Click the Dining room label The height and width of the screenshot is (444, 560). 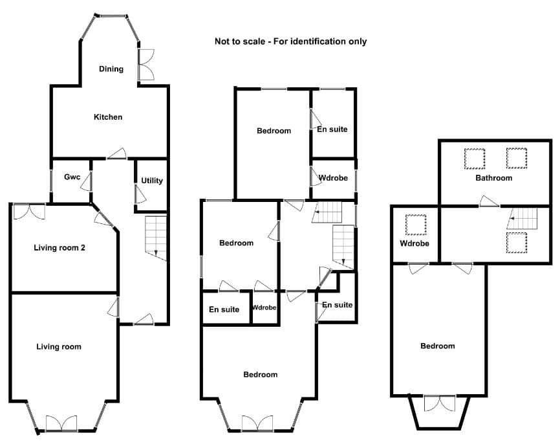pyautogui.click(x=111, y=69)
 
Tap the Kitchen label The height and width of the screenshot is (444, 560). pyautogui.click(x=108, y=117)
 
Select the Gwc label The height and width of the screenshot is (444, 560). pyautogui.click(x=72, y=177)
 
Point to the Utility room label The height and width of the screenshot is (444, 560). pyautogui.click(x=152, y=181)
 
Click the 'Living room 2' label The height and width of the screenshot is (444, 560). pyautogui.click(x=59, y=248)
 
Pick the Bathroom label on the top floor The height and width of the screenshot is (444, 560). pyautogui.click(x=493, y=178)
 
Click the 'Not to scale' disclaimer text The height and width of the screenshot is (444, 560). pyautogui.click(x=290, y=41)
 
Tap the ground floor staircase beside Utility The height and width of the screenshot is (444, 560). pyautogui.click(x=156, y=238)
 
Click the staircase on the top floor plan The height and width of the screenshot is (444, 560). pyautogui.click(x=522, y=218)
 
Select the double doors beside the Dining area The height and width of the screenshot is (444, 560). pyautogui.click(x=146, y=64)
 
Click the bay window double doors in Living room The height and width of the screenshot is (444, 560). pyautogui.click(x=61, y=423)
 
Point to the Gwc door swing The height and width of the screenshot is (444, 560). pyautogui.click(x=87, y=182)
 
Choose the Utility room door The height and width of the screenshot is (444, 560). pyautogui.click(x=140, y=195)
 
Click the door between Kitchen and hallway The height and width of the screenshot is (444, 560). pyautogui.click(x=117, y=154)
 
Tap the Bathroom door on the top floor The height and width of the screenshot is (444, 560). pyautogui.click(x=490, y=201)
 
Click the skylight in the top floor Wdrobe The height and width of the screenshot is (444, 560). pyautogui.click(x=416, y=225)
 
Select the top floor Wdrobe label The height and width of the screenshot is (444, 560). pyautogui.click(x=415, y=243)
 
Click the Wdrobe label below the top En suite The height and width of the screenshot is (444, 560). pyautogui.click(x=333, y=178)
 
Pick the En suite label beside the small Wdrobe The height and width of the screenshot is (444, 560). pyautogui.click(x=224, y=309)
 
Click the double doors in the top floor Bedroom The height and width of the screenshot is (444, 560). pyautogui.click(x=440, y=403)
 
